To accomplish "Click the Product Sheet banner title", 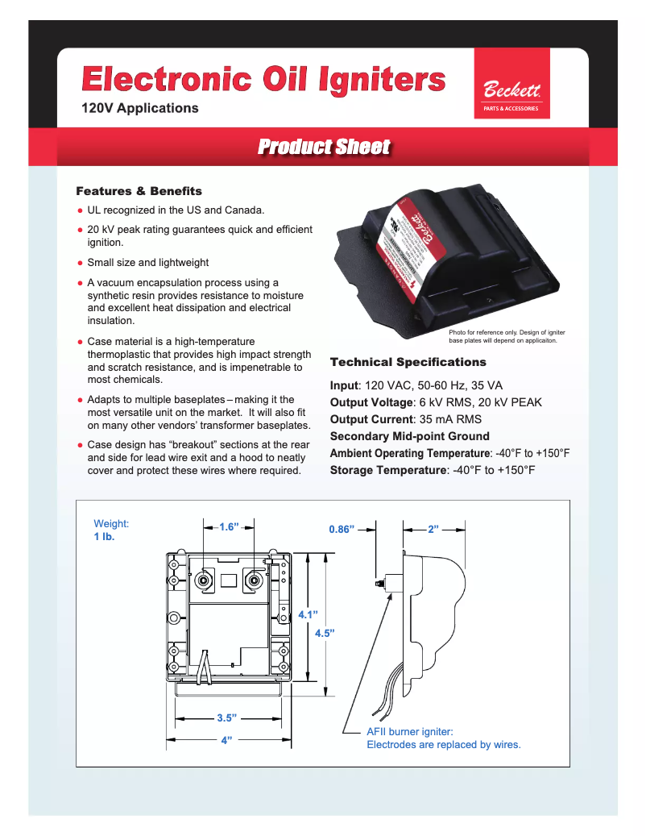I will [x=324, y=147].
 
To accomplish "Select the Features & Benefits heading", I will [x=139, y=191].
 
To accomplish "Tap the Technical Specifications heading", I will [x=408, y=362].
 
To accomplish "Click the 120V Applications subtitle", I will [x=140, y=108].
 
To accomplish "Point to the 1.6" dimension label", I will [x=230, y=527].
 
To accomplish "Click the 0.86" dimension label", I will [x=342, y=530].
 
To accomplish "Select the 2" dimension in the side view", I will [x=433, y=530].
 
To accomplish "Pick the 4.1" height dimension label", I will [x=307, y=614].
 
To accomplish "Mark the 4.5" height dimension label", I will [x=324, y=633].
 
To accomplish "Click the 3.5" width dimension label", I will [x=226, y=717].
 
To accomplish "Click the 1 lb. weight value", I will [x=105, y=537].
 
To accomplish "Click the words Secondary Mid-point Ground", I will [x=409, y=436].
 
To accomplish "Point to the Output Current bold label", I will [x=371, y=419].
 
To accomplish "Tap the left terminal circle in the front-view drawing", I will [x=204, y=580].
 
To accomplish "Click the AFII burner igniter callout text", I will [x=444, y=738].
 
